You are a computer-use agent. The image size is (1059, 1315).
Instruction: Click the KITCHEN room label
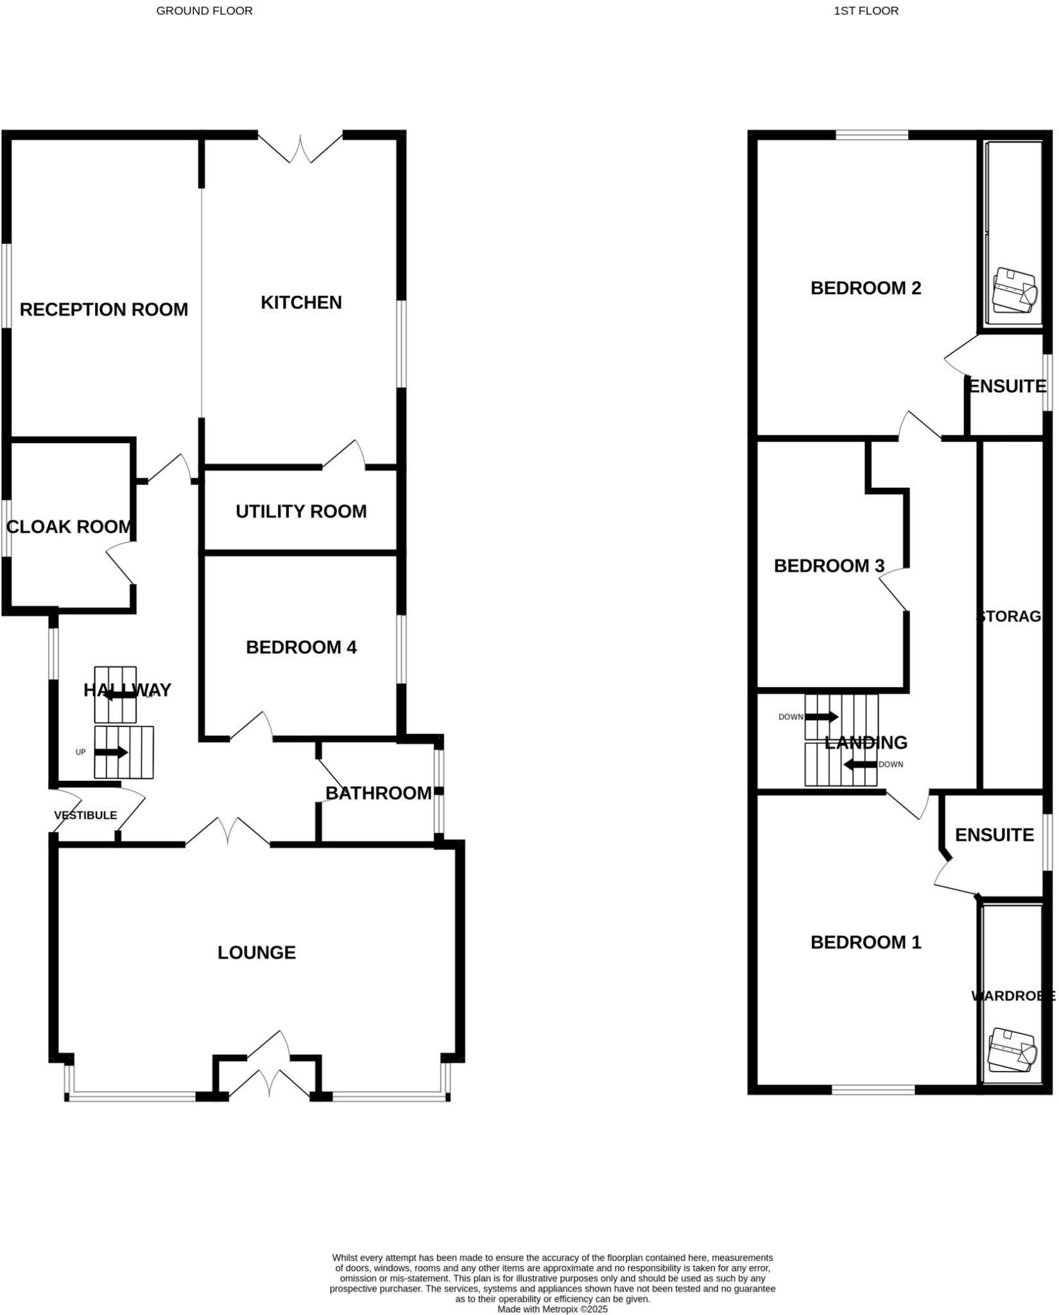coord(301,302)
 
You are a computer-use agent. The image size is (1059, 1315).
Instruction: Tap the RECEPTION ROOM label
coord(104,309)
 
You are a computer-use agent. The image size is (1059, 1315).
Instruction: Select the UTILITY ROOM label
coord(301,512)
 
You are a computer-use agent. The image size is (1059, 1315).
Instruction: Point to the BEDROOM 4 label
coord(301,647)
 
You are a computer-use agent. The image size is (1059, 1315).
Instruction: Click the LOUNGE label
coord(257,952)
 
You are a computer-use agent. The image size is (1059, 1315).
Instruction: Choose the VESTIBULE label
coord(85,815)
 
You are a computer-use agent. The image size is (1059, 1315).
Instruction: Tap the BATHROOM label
coord(378,793)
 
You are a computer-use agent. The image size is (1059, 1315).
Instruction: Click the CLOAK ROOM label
coord(69,527)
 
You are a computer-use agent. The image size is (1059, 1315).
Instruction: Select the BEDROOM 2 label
coord(866,288)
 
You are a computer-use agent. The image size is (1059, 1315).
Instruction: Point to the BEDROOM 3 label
coord(829,566)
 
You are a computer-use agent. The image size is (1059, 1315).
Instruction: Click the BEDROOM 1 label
coord(866,942)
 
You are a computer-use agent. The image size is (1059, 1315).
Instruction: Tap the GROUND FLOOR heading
coord(204,11)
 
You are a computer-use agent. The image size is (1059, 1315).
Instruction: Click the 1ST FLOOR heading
coord(866,11)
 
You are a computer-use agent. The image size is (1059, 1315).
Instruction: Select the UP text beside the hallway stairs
coord(81,753)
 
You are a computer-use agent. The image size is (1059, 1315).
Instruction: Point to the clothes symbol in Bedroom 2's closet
coord(1015,290)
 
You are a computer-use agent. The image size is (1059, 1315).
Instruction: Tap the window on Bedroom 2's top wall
coord(872,135)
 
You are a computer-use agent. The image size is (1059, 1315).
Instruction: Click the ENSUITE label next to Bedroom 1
coord(994,835)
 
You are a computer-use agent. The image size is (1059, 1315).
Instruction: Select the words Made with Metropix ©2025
coord(552,1309)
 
